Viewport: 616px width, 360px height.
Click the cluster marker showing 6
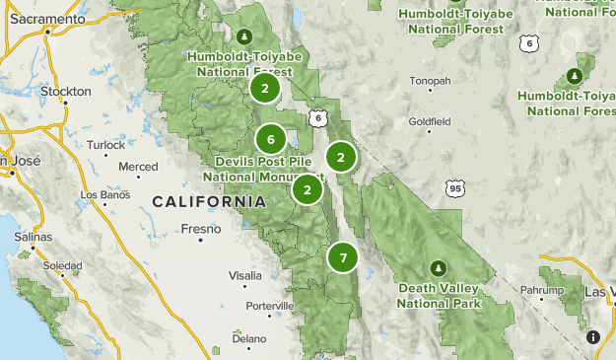(x=270, y=139)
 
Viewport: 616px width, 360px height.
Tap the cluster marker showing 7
(x=342, y=258)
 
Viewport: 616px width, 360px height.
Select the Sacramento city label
(x=47, y=32)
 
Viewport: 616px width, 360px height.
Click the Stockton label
(x=67, y=92)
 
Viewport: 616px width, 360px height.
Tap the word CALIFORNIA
(x=209, y=202)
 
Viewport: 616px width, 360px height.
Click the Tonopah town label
(x=431, y=81)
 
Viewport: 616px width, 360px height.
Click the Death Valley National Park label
(x=441, y=296)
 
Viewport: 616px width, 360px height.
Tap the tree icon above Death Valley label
(x=438, y=267)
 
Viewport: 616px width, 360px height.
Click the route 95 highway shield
(x=453, y=187)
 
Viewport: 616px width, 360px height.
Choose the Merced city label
(x=138, y=167)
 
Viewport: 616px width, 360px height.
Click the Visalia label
(x=245, y=275)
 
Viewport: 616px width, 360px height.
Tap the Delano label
(x=249, y=338)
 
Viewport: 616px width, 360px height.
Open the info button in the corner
(x=594, y=336)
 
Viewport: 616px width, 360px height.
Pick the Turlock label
(x=105, y=144)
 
